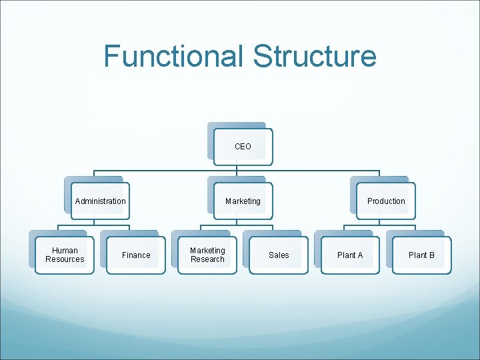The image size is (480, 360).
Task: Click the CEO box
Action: point(243,146)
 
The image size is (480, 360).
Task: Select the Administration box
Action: point(100,201)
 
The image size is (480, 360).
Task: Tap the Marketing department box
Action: point(243,201)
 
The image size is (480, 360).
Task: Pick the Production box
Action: point(386,201)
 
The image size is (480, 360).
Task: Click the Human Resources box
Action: point(65,255)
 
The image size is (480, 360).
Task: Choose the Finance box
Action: point(136,255)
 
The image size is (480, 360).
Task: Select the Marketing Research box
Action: point(207,255)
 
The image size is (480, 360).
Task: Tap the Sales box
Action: point(279,255)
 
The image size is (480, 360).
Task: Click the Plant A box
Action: point(350,255)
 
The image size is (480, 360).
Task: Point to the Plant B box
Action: point(421,255)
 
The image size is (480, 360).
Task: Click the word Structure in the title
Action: point(315,56)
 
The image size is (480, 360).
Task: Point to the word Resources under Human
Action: point(65,259)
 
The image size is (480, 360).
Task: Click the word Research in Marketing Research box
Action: point(207,259)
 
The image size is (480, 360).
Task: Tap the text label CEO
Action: point(243,146)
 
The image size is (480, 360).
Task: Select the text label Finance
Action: point(136,255)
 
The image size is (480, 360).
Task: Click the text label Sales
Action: point(279,255)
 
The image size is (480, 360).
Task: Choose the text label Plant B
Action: point(421,255)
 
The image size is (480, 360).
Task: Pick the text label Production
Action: point(386,201)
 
